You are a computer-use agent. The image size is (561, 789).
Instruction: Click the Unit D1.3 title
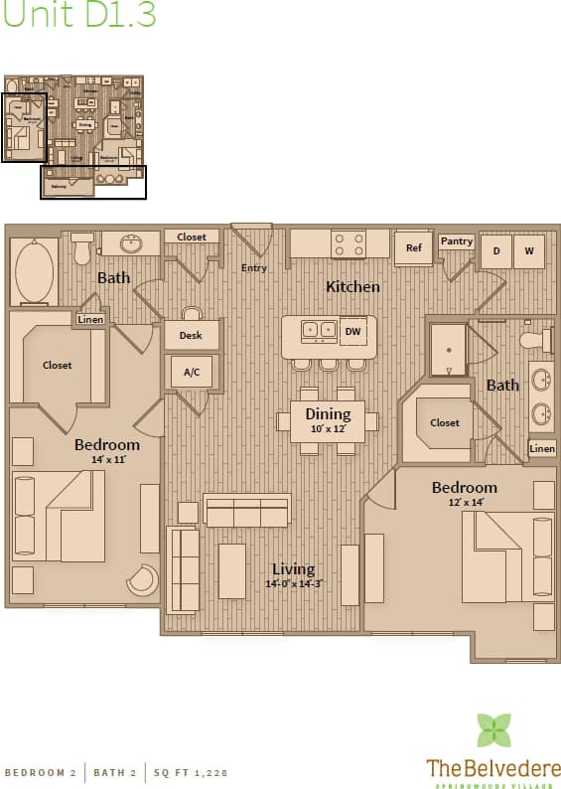(x=78, y=15)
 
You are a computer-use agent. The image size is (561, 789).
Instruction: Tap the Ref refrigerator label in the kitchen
(x=413, y=247)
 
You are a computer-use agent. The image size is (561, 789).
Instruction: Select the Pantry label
(x=457, y=241)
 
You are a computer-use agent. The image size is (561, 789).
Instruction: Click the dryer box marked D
(x=496, y=251)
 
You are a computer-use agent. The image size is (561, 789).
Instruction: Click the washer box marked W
(x=529, y=251)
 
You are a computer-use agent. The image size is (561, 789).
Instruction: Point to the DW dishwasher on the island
(x=352, y=331)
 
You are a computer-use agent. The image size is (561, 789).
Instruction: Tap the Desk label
(x=191, y=336)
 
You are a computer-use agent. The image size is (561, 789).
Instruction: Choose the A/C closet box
(x=191, y=373)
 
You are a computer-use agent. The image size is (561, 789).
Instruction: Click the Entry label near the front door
(x=254, y=268)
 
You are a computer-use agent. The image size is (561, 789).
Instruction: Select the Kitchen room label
(x=352, y=286)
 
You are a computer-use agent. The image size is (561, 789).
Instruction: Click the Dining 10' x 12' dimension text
(x=328, y=428)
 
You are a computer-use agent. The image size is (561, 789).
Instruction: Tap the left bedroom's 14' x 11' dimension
(x=107, y=460)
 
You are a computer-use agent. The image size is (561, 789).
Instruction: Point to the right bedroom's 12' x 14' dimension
(x=464, y=503)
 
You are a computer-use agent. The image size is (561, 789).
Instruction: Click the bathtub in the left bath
(x=36, y=270)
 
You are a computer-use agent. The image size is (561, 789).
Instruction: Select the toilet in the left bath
(x=82, y=248)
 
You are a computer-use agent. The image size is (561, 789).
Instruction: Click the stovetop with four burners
(x=348, y=243)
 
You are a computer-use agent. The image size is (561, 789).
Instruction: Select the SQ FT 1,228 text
(x=185, y=772)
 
